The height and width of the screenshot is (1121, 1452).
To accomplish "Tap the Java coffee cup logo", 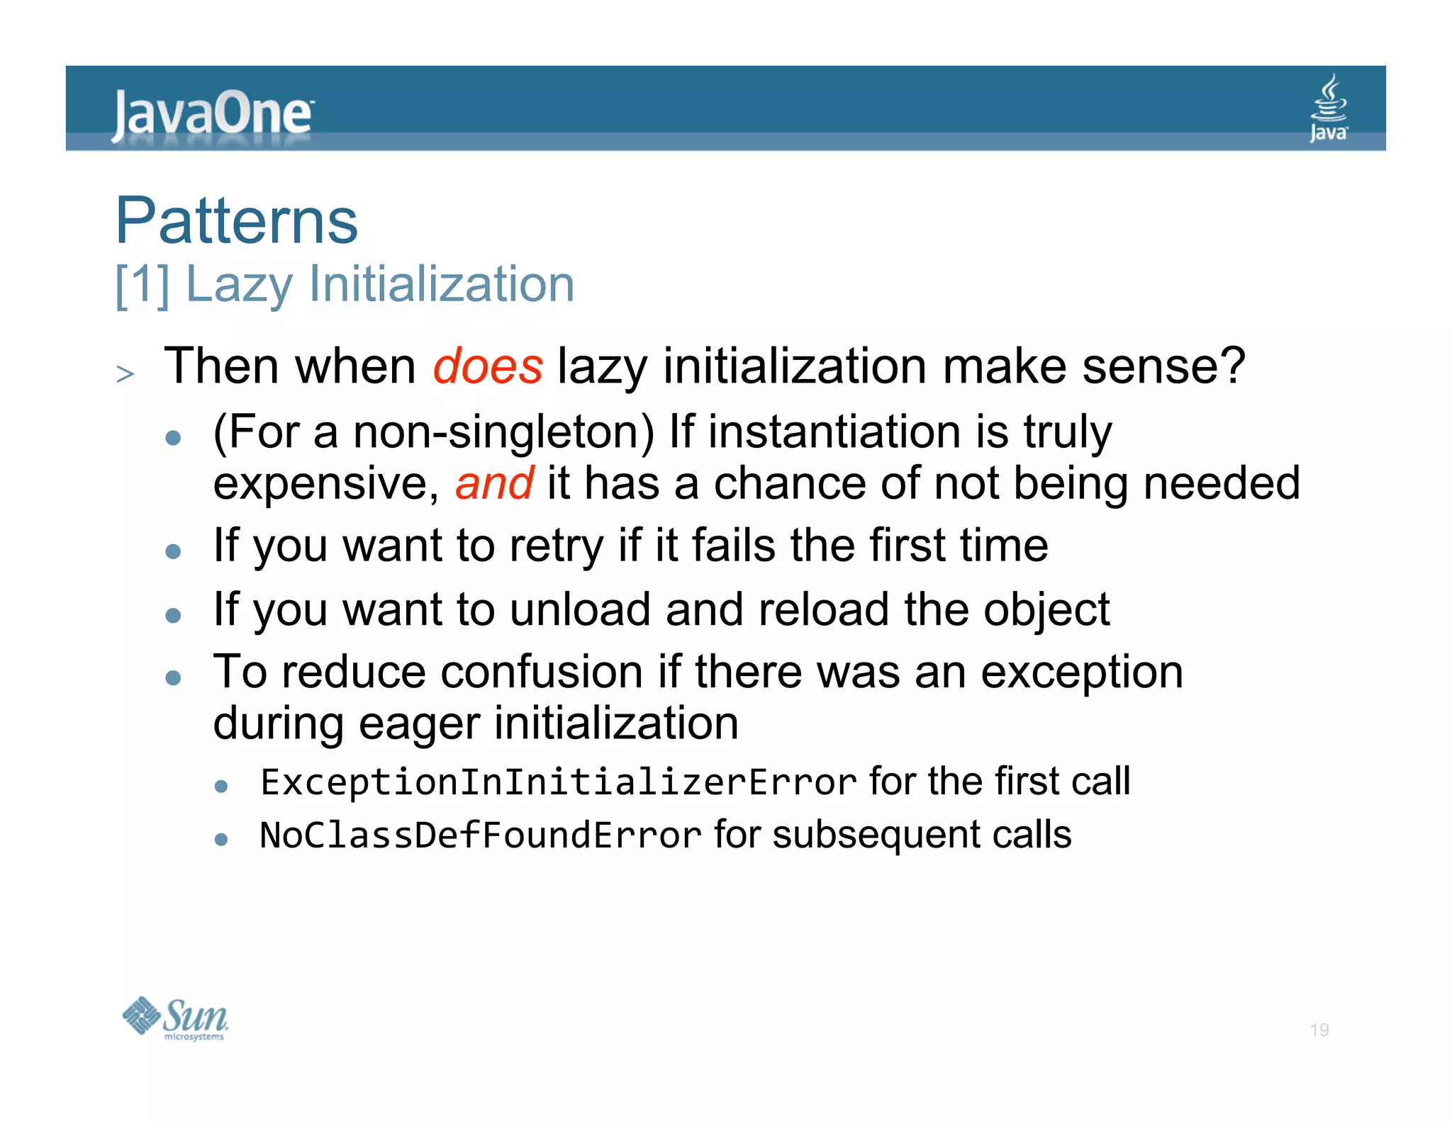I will (x=1328, y=108).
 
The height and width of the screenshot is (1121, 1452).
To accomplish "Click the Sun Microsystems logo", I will (x=175, y=1018).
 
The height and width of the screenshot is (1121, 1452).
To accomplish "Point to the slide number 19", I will (x=1319, y=1030).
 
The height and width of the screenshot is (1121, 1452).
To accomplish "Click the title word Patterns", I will (x=237, y=221).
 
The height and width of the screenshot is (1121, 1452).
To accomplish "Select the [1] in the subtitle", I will (x=142, y=285).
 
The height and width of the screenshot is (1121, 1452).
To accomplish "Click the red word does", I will (x=488, y=367).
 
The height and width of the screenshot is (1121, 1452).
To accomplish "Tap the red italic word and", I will (x=494, y=484).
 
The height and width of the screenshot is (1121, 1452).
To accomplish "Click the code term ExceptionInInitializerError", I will (x=559, y=782).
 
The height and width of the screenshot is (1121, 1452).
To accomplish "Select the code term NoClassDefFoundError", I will (x=481, y=835).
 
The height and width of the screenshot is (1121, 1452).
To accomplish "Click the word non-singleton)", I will (x=504, y=432).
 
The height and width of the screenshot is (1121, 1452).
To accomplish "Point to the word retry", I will (x=556, y=547).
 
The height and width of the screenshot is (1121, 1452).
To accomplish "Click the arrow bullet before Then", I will (x=125, y=373).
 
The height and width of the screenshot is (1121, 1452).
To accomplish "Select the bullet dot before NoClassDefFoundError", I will (x=221, y=840).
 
